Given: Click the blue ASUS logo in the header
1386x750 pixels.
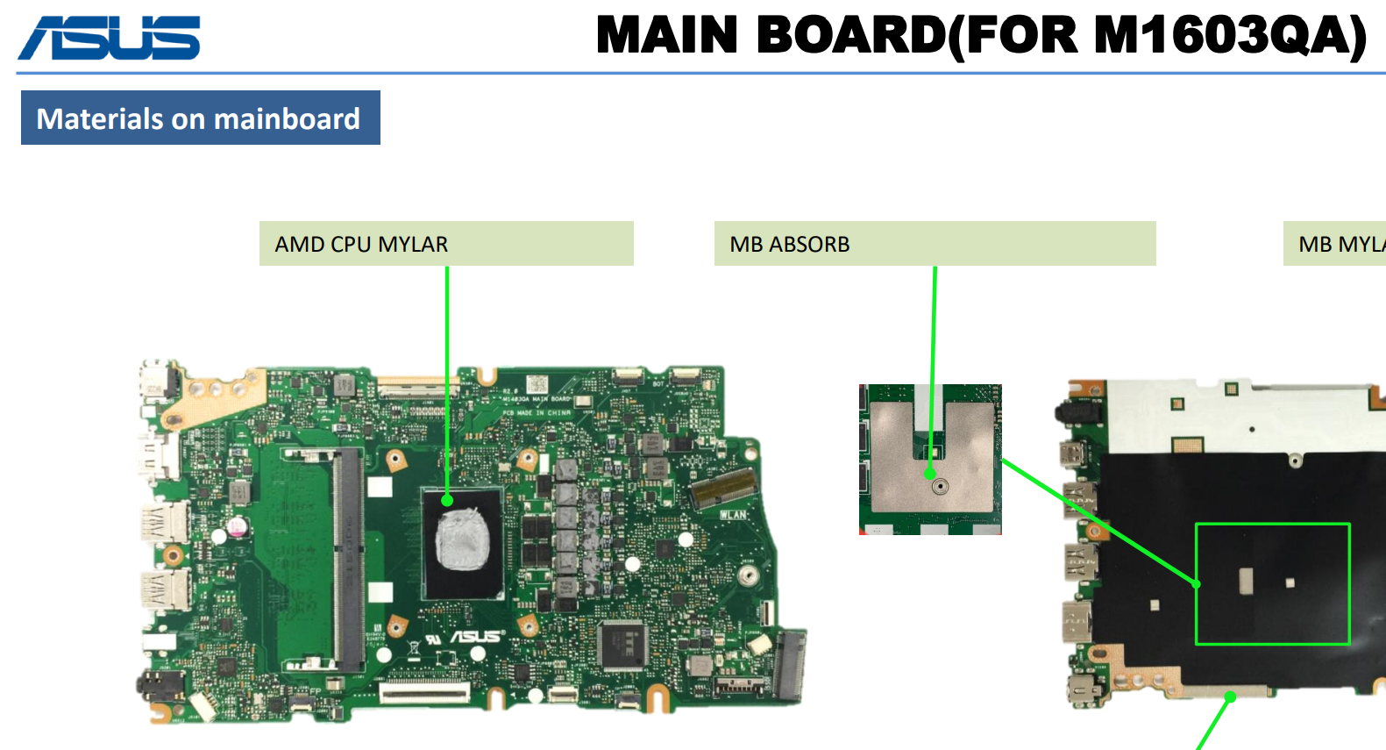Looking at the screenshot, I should tap(110, 39).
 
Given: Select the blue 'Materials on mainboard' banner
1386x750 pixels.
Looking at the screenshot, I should tap(200, 118).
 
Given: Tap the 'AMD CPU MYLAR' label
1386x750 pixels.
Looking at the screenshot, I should tap(361, 244).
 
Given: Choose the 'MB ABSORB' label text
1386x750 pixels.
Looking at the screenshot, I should tap(790, 244).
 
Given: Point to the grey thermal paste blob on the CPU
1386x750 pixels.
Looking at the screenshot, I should tap(463, 539).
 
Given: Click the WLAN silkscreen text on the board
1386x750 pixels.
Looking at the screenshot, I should tap(734, 515).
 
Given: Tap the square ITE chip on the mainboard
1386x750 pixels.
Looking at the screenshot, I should tap(622, 645).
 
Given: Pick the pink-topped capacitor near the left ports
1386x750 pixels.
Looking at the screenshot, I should tap(238, 526).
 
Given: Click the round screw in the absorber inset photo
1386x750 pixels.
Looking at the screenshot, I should tap(940, 485).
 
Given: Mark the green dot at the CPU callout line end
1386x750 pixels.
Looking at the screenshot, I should tap(447, 501).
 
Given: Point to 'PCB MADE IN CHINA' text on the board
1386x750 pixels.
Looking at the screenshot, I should tap(537, 412).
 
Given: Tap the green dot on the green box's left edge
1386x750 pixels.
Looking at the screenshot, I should tap(1197, 583).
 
